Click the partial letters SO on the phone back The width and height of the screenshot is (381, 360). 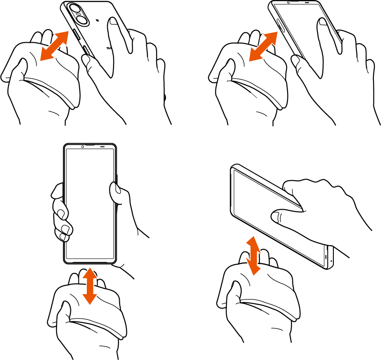coord(109,48)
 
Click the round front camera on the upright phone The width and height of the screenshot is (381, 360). coord(83,147)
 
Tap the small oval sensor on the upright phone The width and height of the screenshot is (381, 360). coord(102,147)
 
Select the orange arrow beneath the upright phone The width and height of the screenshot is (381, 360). coord(90,285)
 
